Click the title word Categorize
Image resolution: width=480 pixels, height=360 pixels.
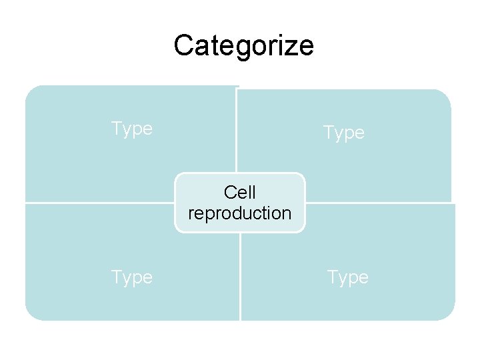243,46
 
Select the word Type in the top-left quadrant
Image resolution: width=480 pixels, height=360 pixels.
131,128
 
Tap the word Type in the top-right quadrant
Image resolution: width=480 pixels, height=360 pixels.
343,133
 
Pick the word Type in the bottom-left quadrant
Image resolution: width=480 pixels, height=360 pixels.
131,277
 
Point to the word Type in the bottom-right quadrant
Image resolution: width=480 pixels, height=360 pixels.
347,277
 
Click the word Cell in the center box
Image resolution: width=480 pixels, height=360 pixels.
240,193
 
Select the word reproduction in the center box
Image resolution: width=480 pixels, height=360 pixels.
240,213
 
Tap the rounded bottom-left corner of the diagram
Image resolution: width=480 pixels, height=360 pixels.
32,313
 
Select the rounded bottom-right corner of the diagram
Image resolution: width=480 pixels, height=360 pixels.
448,313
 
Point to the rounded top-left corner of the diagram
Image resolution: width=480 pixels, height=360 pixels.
33,93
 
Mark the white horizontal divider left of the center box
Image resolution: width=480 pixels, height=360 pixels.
100,202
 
